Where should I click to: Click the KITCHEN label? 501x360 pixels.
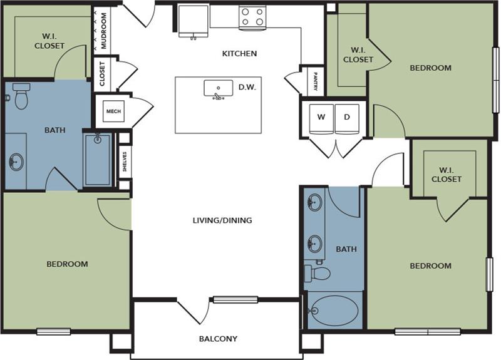pos(239,54)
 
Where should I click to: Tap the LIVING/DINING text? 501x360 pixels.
pos(222,220)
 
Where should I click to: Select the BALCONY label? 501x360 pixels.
pos(218,339)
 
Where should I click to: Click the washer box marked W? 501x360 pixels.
pos(321,118)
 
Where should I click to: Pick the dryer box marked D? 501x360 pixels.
pos(347,118)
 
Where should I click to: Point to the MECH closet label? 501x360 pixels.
pos(113,111)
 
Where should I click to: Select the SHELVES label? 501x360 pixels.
pos(125,162)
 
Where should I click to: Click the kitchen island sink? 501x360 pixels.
pos(218,90)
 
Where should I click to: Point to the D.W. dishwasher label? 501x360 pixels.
pos(247,88)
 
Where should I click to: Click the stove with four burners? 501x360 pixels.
pos(252,17)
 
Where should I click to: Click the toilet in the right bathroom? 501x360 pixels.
pos(318,273)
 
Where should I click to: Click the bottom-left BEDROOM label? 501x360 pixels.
pos(67,264)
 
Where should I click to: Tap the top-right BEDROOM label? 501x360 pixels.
pos(430,68)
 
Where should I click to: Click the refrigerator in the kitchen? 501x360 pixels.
pos(194,21)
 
